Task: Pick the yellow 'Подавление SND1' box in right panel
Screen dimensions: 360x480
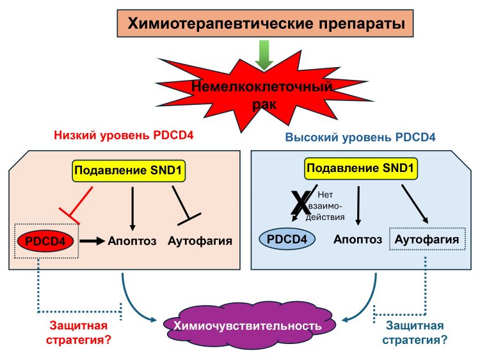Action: point(360,169)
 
